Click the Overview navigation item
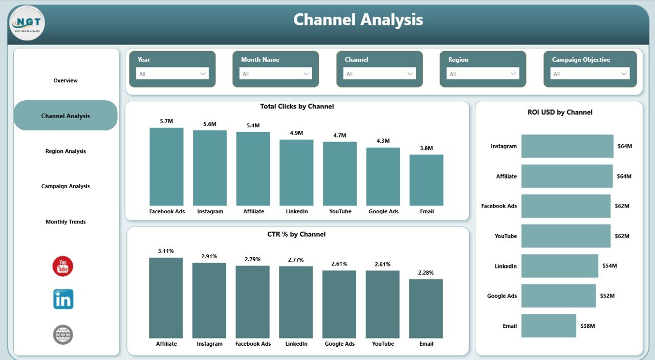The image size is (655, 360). [65, 80]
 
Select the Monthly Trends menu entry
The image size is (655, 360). [65, 222]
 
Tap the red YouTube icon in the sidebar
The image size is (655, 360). [63, 266]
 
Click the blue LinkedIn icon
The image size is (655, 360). [63, 299]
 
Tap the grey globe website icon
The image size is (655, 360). [63, 335]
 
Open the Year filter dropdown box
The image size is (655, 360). [172, 74]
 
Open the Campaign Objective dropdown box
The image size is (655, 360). [589, 74]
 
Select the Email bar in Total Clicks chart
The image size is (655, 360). [426, 180]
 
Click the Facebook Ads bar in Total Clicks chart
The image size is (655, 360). [166, 166]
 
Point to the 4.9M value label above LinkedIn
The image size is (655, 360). [296, 133]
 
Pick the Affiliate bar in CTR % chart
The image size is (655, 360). [166, 298]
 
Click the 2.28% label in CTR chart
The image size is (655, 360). [426, 273]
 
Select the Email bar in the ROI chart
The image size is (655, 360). [549, 326]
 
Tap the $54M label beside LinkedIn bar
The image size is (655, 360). [609, 266]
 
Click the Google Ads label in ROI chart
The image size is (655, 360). [501, 296]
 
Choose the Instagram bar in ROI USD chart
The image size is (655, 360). [567, 146]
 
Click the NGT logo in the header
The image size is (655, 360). [27, 23]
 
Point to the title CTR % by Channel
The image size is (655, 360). [296, 234]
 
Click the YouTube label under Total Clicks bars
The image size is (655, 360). [340, 211]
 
